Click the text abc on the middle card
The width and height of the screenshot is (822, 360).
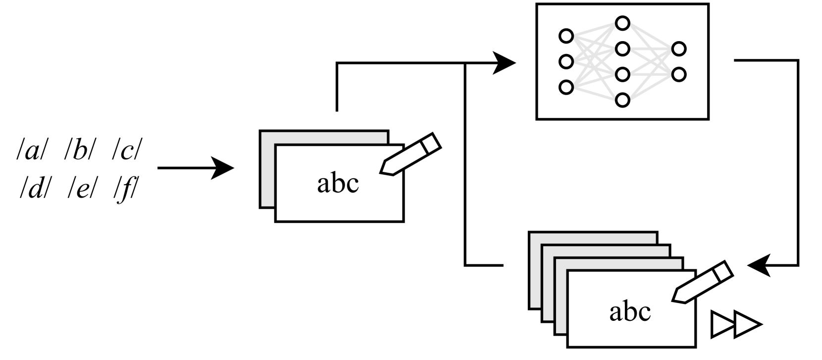(338, 183)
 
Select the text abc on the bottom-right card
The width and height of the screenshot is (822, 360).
(630, 312)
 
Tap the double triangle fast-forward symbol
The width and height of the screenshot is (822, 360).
(735, 324)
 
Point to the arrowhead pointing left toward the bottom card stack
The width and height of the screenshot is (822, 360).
(759, 266)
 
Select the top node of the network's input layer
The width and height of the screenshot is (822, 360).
(566, 36)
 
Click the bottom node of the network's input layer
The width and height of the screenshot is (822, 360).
(566, 87)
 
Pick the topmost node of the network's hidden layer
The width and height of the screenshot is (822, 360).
(623, 23)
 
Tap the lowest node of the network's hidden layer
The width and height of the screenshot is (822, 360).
(623, 100)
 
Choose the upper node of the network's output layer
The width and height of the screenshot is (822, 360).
(679, 49)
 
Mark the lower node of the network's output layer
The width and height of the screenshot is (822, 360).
(679, 74)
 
